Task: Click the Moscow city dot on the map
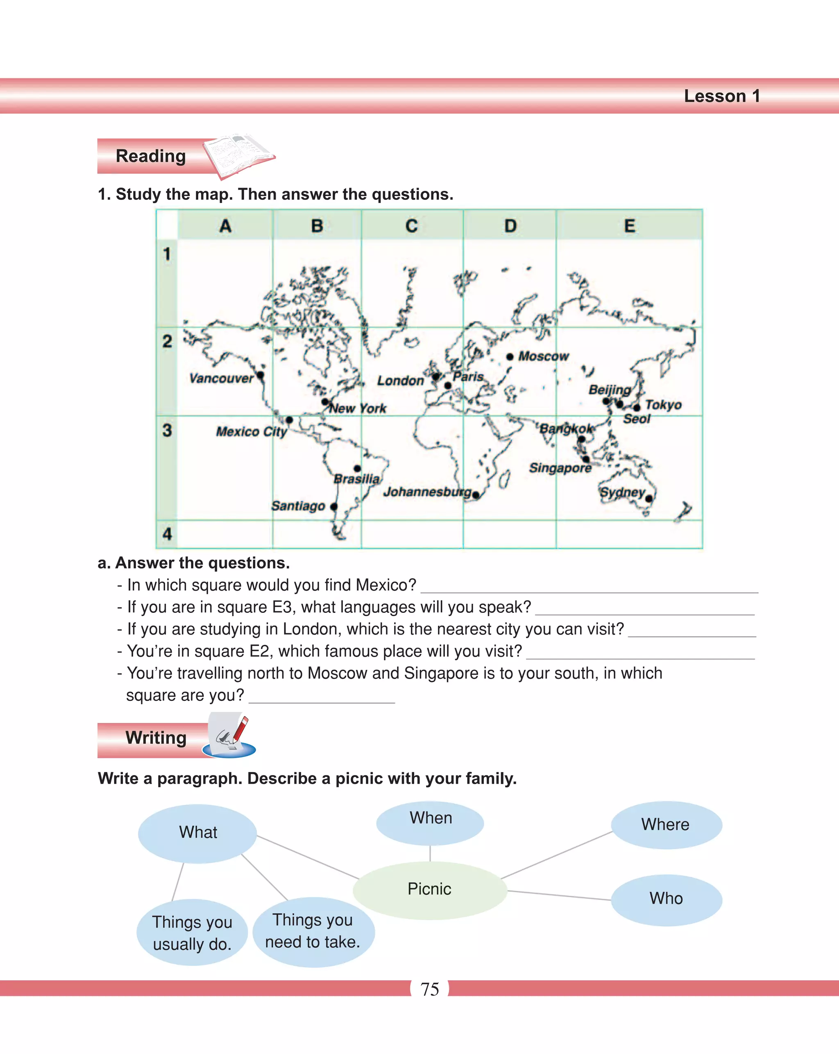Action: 510,356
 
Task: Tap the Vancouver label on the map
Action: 221,379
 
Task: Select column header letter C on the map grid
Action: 412,226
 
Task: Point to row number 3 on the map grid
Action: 167,430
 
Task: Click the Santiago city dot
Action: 334,506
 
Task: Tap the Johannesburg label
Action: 427,492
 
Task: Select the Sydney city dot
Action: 649,499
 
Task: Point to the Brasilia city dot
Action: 357,468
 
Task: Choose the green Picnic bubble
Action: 430,889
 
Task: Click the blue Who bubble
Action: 666,898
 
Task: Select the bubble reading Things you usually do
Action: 192,933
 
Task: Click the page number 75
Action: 430,989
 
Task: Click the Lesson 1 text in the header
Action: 722,96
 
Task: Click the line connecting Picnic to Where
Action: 557,855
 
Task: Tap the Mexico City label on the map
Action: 251,432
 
